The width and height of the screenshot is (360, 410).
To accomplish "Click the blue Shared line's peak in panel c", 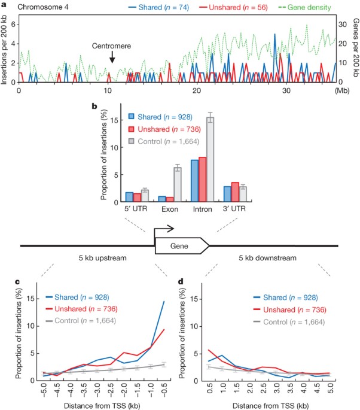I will (163, 301).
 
